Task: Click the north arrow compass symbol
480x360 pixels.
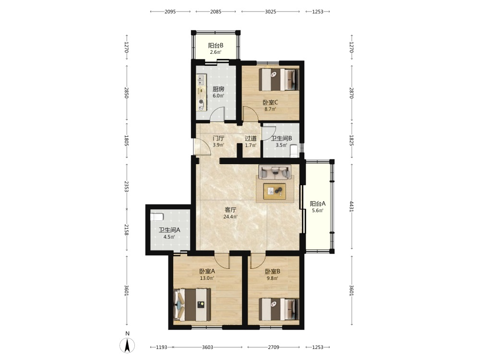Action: tap(127, 345)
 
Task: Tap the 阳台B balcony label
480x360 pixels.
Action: tap(216, 46)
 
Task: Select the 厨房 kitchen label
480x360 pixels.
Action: tap(218, 89)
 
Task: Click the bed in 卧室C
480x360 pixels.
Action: tap(279, 79)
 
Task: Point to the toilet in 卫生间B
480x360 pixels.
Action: tap(294, 150)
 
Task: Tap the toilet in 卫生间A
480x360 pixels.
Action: tap(157, 217)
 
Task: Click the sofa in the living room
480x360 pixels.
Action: tap(275, 172)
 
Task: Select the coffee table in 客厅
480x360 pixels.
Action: tap(275, 192)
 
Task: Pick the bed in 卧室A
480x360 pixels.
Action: tap(192, 305)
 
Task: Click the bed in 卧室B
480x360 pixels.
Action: tap(279, 310)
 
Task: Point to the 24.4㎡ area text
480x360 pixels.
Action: tap(230, 217)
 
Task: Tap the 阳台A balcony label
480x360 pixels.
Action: tap(318, 204)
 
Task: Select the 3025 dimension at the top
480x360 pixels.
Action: tap(271, 12)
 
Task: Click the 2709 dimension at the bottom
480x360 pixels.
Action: tap(274, 347)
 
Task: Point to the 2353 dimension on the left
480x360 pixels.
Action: tap(126, 186)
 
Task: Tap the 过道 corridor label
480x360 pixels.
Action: tap(251, 138)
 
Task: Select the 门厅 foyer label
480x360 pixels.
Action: tap(218, 138)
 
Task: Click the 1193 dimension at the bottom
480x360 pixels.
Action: tap(162, 347)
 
